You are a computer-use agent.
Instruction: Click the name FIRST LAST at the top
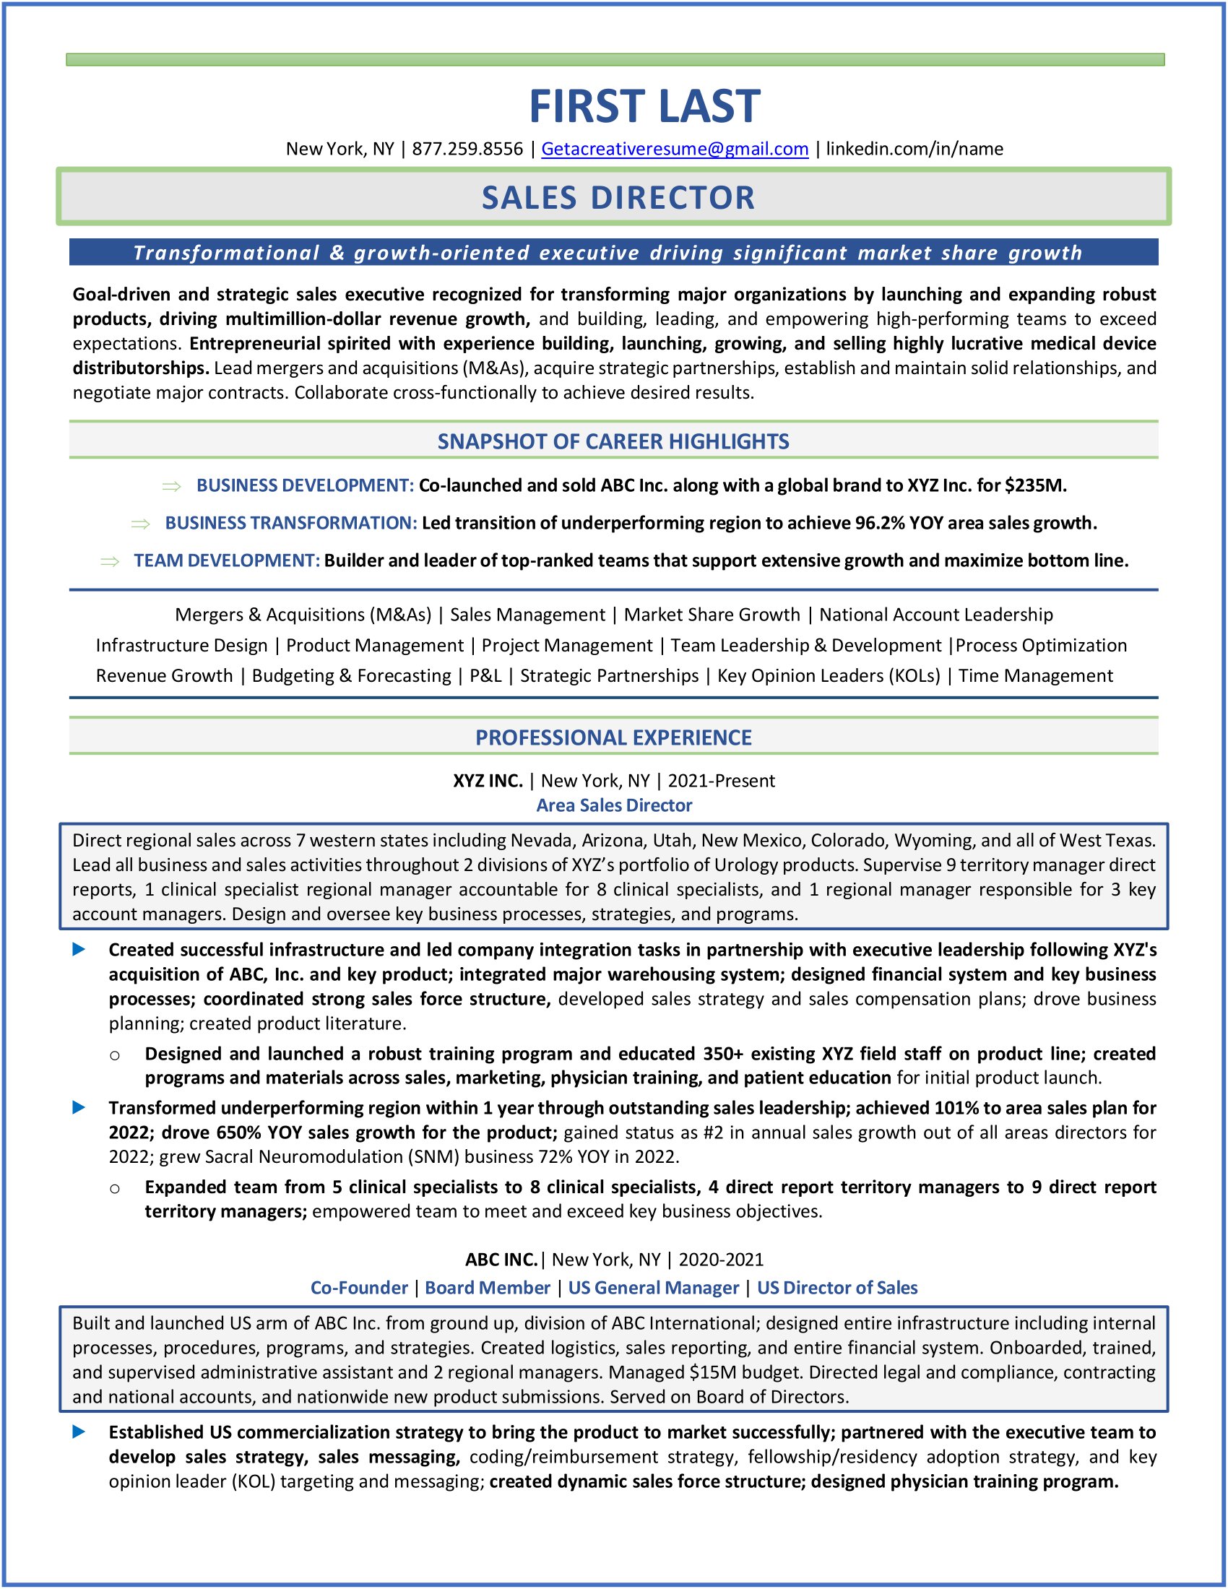pyautogui.click(x=644, y=106)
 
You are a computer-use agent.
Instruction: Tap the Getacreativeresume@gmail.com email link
pyautogui.click(x=675, y=150)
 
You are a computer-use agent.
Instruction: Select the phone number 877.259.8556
pyautogui.click(x=467, y=150)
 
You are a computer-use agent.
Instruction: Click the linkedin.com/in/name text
pyautogui.click(x=914, y=150)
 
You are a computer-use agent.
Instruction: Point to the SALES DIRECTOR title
pyautogui.click(x=618, y=198)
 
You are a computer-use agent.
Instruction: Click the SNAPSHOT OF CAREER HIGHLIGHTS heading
pyautogui.click(x=613, y=441)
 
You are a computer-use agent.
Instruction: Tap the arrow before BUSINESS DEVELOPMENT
pyautogui.click(x=172, y=486)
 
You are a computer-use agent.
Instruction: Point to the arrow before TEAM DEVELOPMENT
pyautogui.click(x=110, y=561)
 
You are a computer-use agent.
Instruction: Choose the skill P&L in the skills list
pyautogui.click(x=485, y=676)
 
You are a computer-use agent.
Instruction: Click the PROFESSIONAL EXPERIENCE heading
pyautogui.click(x=613, y=737)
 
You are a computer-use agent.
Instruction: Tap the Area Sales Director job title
pyautogui.click(x=614, y=805)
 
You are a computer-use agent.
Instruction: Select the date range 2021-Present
pyautogui.click(x=721, y=781)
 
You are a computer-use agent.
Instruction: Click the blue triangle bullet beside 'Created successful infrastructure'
pyautogui.click(x=79, y=950)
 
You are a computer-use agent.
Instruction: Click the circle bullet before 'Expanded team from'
pyautogui.click(x=115, y=1189)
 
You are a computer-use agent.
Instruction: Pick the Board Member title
pyautogui.click(x=488, y=1288)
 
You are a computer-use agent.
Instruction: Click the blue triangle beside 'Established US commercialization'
pyautogui.click(x=79, y=1432)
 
